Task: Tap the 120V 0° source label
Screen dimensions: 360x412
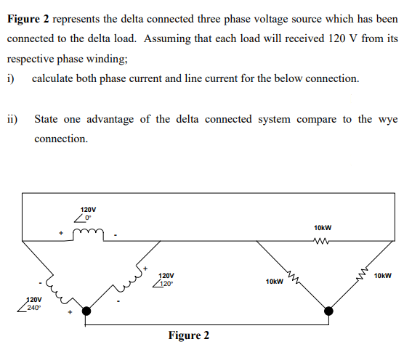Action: (x=86, y=213)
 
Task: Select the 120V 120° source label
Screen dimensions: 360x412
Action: (x=166, y=280)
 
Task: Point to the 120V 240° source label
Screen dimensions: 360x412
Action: (x=31, y=304)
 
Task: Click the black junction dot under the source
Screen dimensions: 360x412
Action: (x=87, y=311)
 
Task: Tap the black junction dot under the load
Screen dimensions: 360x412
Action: (x=329, y=311)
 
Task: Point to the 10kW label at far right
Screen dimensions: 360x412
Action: (x=383, y=276)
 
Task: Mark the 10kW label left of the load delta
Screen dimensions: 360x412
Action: (x=274, y=280)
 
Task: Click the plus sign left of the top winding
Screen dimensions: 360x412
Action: (x=62, y=233)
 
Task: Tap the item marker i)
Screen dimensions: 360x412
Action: (x=12, y=78)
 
